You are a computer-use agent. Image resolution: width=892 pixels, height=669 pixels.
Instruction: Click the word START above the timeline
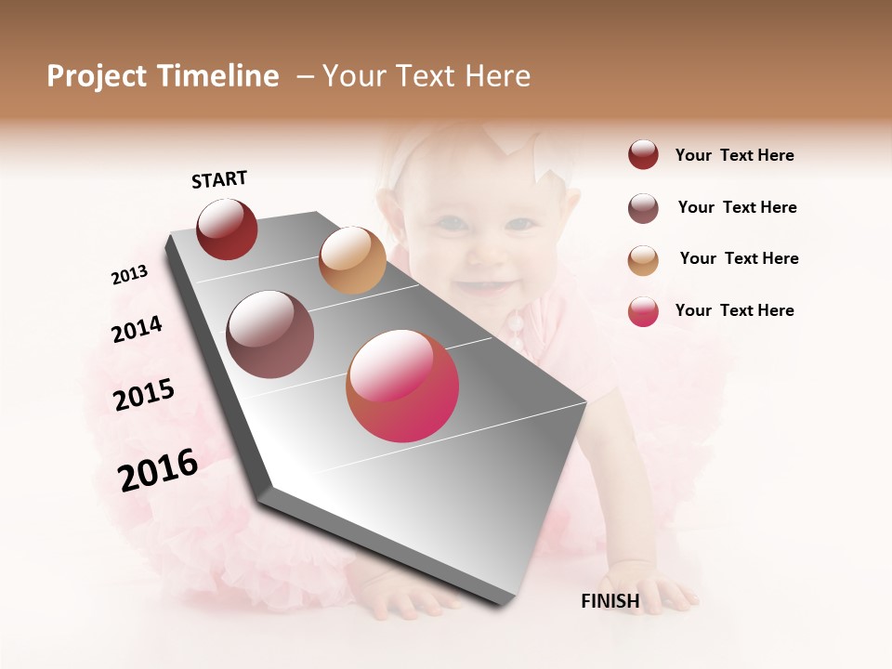[219, 179]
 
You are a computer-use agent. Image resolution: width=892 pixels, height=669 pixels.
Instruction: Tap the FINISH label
[610, 601]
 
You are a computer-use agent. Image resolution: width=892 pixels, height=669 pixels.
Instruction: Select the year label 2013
[129, 275]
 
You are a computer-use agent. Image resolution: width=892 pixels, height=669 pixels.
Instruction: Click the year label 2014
[137, 330]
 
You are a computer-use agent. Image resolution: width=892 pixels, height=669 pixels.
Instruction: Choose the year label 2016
[158, 470]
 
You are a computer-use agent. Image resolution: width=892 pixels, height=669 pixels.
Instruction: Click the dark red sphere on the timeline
[227, 229]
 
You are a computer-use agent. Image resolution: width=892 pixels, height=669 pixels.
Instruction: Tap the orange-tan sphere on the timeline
[352, 260]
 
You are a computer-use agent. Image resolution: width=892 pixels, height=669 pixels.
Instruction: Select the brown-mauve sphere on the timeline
[270, 334]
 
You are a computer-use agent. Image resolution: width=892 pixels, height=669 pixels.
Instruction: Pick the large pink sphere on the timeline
[402, 386]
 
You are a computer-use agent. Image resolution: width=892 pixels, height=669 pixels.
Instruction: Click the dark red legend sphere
[643, 155]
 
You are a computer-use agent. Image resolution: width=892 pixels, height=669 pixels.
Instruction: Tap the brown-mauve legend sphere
[643, 208]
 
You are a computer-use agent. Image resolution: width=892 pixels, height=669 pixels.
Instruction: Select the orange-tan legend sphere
[643, 260]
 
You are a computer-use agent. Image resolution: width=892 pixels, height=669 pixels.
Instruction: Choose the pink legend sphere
[643, 311]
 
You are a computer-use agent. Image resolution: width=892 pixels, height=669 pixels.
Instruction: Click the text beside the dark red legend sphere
[734, 155]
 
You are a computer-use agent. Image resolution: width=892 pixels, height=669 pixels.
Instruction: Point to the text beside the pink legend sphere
[734, 310]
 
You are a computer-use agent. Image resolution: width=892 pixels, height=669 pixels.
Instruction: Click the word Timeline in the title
[217, 76]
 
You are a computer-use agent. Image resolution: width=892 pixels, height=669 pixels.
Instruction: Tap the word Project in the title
[98, 76]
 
